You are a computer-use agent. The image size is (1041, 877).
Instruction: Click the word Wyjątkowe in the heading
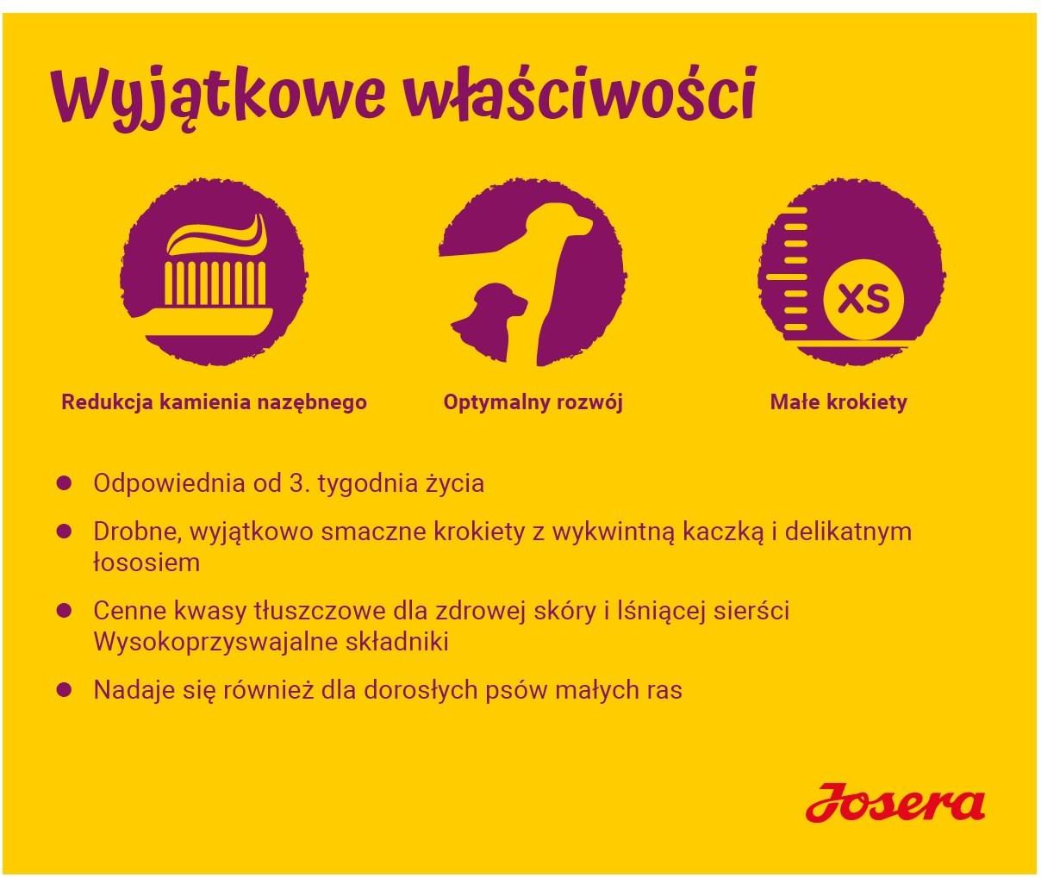coord(219,96)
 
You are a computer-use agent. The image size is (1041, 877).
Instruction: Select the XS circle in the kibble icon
coord(863,299)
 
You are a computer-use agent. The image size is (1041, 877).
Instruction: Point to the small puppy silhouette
coord(489,319)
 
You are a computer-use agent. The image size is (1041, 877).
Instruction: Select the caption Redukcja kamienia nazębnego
coord(214,402)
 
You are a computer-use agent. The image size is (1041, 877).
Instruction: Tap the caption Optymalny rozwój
coord(533,403)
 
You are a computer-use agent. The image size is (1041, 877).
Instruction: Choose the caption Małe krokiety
coord(838,402)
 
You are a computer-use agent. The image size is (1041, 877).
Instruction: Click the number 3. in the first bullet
coord(300,483)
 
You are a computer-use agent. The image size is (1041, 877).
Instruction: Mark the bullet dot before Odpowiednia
coord(65,483)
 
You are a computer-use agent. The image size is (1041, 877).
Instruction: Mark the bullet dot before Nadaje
coord(65,690)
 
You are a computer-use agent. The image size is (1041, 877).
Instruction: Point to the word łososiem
coord(146,563)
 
